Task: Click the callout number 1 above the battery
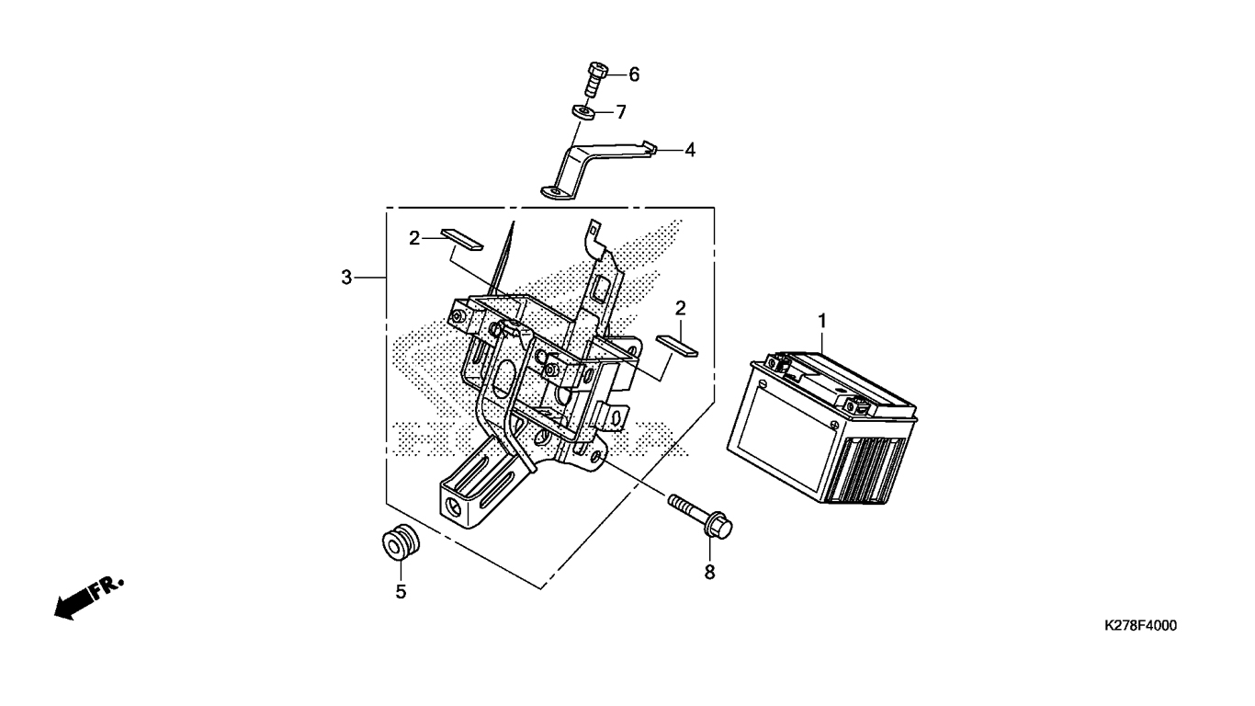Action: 822,322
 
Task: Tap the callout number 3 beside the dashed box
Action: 346,277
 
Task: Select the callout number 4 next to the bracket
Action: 690,150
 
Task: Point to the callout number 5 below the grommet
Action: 401,592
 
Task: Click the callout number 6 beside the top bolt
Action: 634,74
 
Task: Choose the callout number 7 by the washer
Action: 621,112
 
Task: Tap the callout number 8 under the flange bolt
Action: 709,572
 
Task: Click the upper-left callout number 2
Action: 414,238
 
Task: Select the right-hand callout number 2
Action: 680,308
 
